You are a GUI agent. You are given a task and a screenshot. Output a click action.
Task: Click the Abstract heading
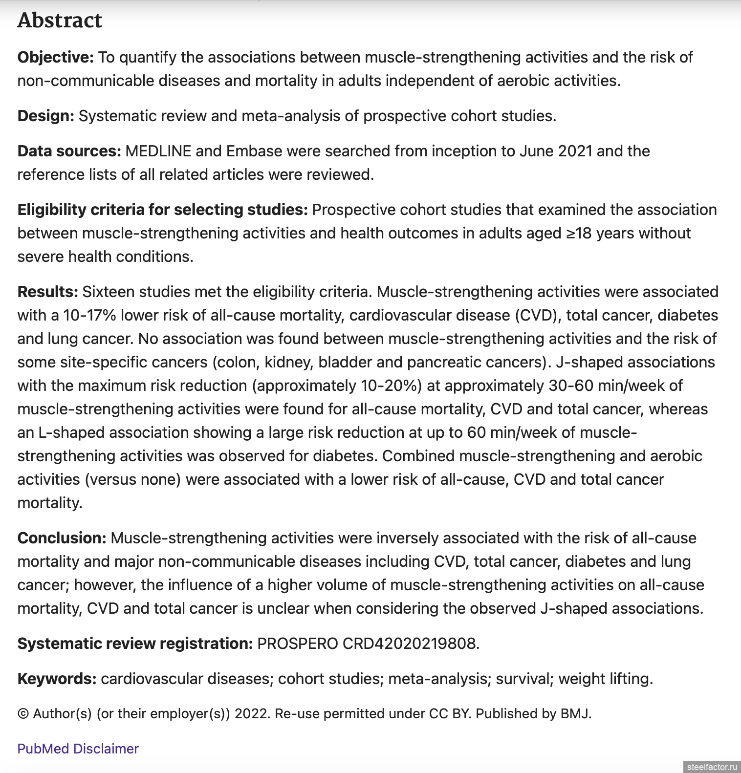coord(60,21)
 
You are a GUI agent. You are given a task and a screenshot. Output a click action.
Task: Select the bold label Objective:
coord(55,57)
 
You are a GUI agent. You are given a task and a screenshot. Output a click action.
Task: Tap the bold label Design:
coord(45,116)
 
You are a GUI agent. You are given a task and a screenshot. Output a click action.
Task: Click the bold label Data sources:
coord(69,151)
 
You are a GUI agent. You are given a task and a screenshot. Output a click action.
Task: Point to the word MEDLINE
coord(158,151)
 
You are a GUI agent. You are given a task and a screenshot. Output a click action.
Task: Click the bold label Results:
coord(47,292)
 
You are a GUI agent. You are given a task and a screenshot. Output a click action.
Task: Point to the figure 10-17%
coord(90,315)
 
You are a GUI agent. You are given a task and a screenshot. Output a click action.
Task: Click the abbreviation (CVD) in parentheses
coord(536,315)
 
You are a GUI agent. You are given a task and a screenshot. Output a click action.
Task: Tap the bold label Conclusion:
coord(62,538)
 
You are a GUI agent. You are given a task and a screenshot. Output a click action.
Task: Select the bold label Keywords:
coord(57,679)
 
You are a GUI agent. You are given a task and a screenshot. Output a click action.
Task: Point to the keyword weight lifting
coord(605,679)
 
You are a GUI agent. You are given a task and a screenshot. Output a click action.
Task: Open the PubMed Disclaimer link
coord(78,749)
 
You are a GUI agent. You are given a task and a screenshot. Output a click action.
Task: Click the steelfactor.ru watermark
coord(711,767)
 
